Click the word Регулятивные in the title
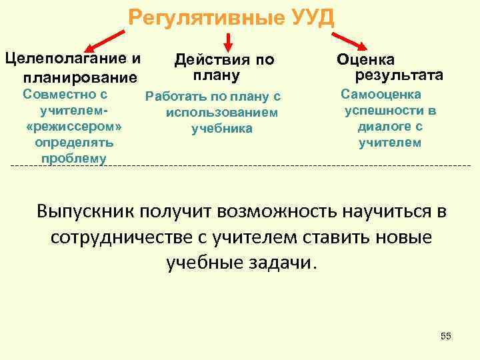(x=207, y=17)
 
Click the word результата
(x=399, y=74)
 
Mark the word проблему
(x=73, y=158)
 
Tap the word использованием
(x=222, y=113)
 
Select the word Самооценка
(x=381, y=95)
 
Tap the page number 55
(x=446, y=336)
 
